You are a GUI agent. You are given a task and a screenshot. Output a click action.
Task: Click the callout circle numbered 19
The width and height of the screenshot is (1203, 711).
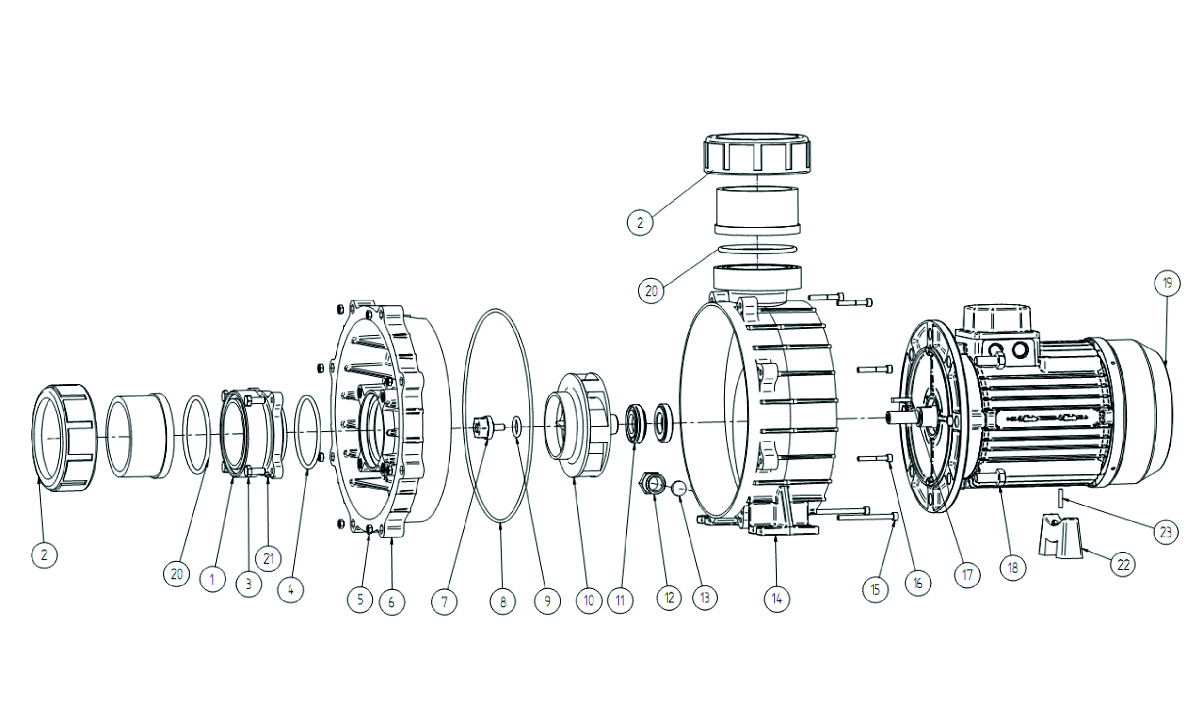click(x=1167, y=283)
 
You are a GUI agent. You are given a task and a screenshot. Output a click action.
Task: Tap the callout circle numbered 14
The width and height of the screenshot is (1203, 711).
click(x=777, y=599)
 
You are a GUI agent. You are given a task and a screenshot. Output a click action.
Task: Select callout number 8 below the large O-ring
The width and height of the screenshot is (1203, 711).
click(x=503, y=601)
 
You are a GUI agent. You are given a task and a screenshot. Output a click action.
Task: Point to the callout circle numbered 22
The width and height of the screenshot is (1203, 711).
click(x=1123, y=565)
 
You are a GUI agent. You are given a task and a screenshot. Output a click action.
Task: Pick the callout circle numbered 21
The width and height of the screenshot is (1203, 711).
click(x=269, y=559)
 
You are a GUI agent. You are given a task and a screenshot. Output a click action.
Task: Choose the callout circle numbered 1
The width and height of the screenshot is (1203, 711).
click(x=212, y=579)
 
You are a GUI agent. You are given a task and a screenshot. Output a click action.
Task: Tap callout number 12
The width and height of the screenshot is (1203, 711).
click(x=669, y=598)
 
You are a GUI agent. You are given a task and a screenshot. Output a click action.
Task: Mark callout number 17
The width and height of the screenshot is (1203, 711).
click(x=967, y=575)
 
